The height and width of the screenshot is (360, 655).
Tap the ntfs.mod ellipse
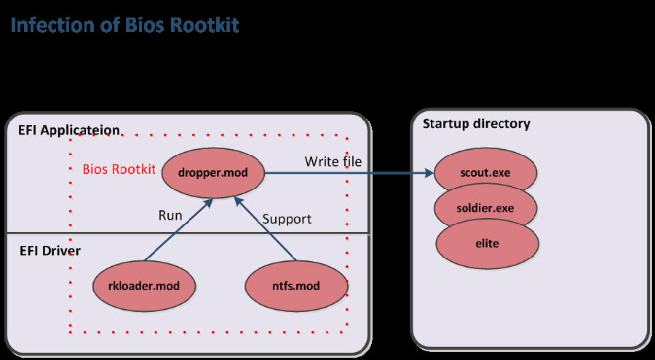coord(296,285)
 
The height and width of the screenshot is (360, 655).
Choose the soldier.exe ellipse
coord(485,208)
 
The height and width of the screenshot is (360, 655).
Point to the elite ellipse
coord(487,243)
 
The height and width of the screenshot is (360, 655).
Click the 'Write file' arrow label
coord(333,161)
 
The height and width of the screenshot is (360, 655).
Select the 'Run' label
coord(170,215)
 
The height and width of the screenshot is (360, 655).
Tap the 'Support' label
coord(287,218)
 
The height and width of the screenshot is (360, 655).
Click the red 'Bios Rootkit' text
coord(119,169)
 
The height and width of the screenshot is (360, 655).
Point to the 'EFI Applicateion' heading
coord(69,130)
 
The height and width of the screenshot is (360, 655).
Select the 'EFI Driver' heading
coord(49,251)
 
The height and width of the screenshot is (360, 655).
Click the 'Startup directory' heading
coord(476,123)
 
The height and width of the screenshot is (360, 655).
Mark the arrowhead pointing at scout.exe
coord(429,174)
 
